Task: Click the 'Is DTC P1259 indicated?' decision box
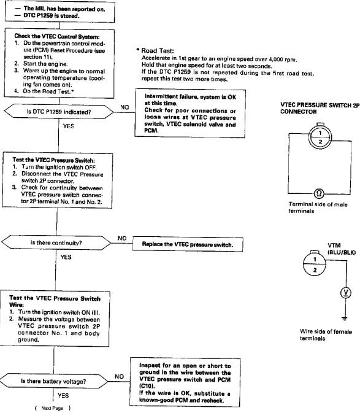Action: (x=59, y=112)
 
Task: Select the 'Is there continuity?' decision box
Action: (x=56, y=242)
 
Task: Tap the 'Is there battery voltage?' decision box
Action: (x=54, y=381)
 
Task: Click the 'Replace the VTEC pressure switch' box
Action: (x=188, y=244)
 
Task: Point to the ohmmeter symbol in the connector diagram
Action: (x=319, y=193)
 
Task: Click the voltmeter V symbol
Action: (x=346, y=293)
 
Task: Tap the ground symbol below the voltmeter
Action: (x=345, y=318)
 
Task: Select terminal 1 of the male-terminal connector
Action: (x=320, y=133)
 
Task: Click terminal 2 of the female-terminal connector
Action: (x=315, y=270)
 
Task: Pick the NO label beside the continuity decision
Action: (x=122, y=238)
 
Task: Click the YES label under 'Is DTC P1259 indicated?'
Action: (x=69, y=126)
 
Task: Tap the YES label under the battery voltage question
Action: (x=63, y=395)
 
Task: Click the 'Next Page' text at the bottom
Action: (x=52, y=408)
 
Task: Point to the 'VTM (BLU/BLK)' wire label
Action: (x=342, y=249)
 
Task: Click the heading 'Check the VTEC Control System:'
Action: (x=57, y=36)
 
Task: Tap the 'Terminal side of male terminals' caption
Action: (x=318, y=207)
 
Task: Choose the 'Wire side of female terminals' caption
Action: (x=326, y=335)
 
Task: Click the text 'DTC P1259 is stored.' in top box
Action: (x=51, y=16)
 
